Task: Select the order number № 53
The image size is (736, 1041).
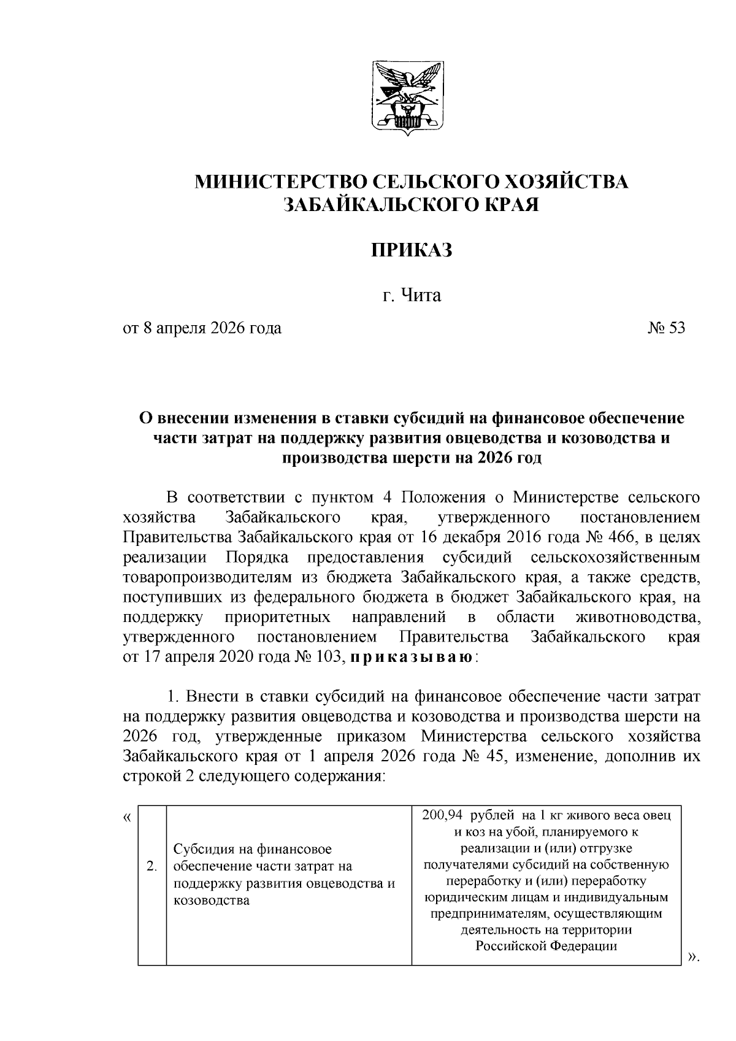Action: pyautogui.click(x=666, y=328)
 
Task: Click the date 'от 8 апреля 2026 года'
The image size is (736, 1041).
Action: pyautogui.click(x=202, y=328)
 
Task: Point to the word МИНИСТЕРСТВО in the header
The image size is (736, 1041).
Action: pyautogui.click(x=280, y=182)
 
